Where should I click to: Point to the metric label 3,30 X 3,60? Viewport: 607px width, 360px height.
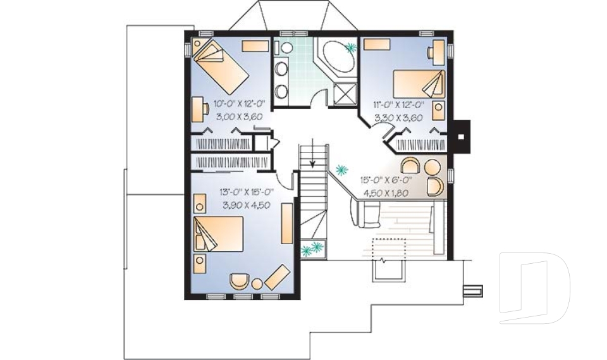pos(399,118)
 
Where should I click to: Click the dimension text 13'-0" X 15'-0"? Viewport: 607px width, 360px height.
pos(246,192)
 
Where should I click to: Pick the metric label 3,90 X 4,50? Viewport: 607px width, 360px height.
pos(247,205)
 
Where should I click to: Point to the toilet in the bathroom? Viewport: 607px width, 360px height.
pos(286,48)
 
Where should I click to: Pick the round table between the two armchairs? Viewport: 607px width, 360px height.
pos(432,168)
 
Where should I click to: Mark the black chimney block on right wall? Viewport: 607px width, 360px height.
pos(462,135)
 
